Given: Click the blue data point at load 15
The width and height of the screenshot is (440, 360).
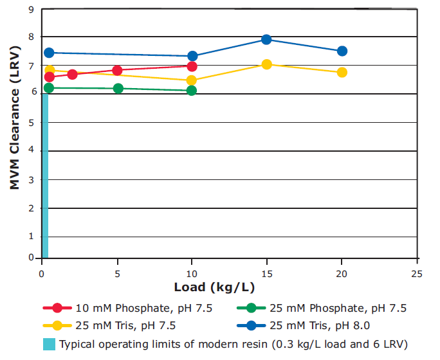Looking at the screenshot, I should click(266, 39).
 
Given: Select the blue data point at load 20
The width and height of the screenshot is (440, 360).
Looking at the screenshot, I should click(342, 51).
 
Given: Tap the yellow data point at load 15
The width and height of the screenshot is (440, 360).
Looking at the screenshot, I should click(266, 64).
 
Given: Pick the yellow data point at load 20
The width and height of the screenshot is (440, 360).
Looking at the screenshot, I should click(342, 72).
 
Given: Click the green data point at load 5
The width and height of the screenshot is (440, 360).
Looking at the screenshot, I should click(118, 88).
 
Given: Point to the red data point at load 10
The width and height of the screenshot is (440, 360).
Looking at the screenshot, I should click(192, 66).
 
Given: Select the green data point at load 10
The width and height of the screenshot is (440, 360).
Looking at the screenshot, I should click(192, 90).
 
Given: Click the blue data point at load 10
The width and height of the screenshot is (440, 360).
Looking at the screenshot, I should click(192, 56).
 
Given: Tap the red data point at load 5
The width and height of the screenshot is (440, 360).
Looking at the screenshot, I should click(117, 70).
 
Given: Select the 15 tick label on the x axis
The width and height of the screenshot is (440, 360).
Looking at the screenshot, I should click(267, 273).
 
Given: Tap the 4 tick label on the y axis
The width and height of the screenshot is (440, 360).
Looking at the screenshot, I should click(31, 151).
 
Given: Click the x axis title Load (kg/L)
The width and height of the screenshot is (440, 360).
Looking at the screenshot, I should click(213, 286).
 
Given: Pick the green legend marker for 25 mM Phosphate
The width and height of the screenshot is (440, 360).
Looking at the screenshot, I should click(250, 308).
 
